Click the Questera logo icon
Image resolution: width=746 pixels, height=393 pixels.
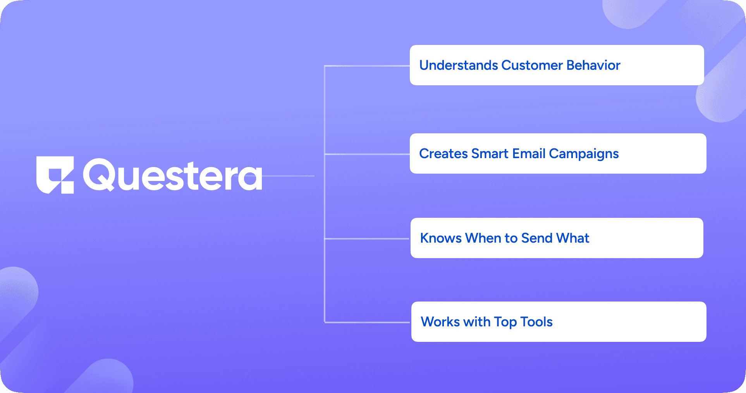pos(55,175)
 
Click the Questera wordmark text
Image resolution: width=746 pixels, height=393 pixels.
pos(173,175)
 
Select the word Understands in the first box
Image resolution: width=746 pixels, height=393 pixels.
pos(459,65)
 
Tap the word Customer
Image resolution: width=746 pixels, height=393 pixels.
pos(532,65)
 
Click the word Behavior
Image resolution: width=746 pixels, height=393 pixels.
pos(593,65)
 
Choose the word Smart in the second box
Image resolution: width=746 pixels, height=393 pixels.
pos(490,153)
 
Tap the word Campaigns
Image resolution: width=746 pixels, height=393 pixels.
pos(584,154)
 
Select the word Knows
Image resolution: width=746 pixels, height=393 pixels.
pos(441,238)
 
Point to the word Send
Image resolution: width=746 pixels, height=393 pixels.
pos(537,238)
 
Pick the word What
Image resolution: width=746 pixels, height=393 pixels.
pos(572,238)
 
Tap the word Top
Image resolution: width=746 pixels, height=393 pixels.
pos(505,322)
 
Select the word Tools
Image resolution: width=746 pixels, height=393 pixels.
pos(536,322)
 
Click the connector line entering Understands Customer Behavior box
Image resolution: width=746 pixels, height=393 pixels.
pos(367,66)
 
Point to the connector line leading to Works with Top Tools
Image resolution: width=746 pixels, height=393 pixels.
pos(367,322)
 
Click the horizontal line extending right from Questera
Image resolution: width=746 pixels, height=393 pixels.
pos(288,176)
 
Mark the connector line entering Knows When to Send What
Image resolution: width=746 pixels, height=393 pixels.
pos(367,239)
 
